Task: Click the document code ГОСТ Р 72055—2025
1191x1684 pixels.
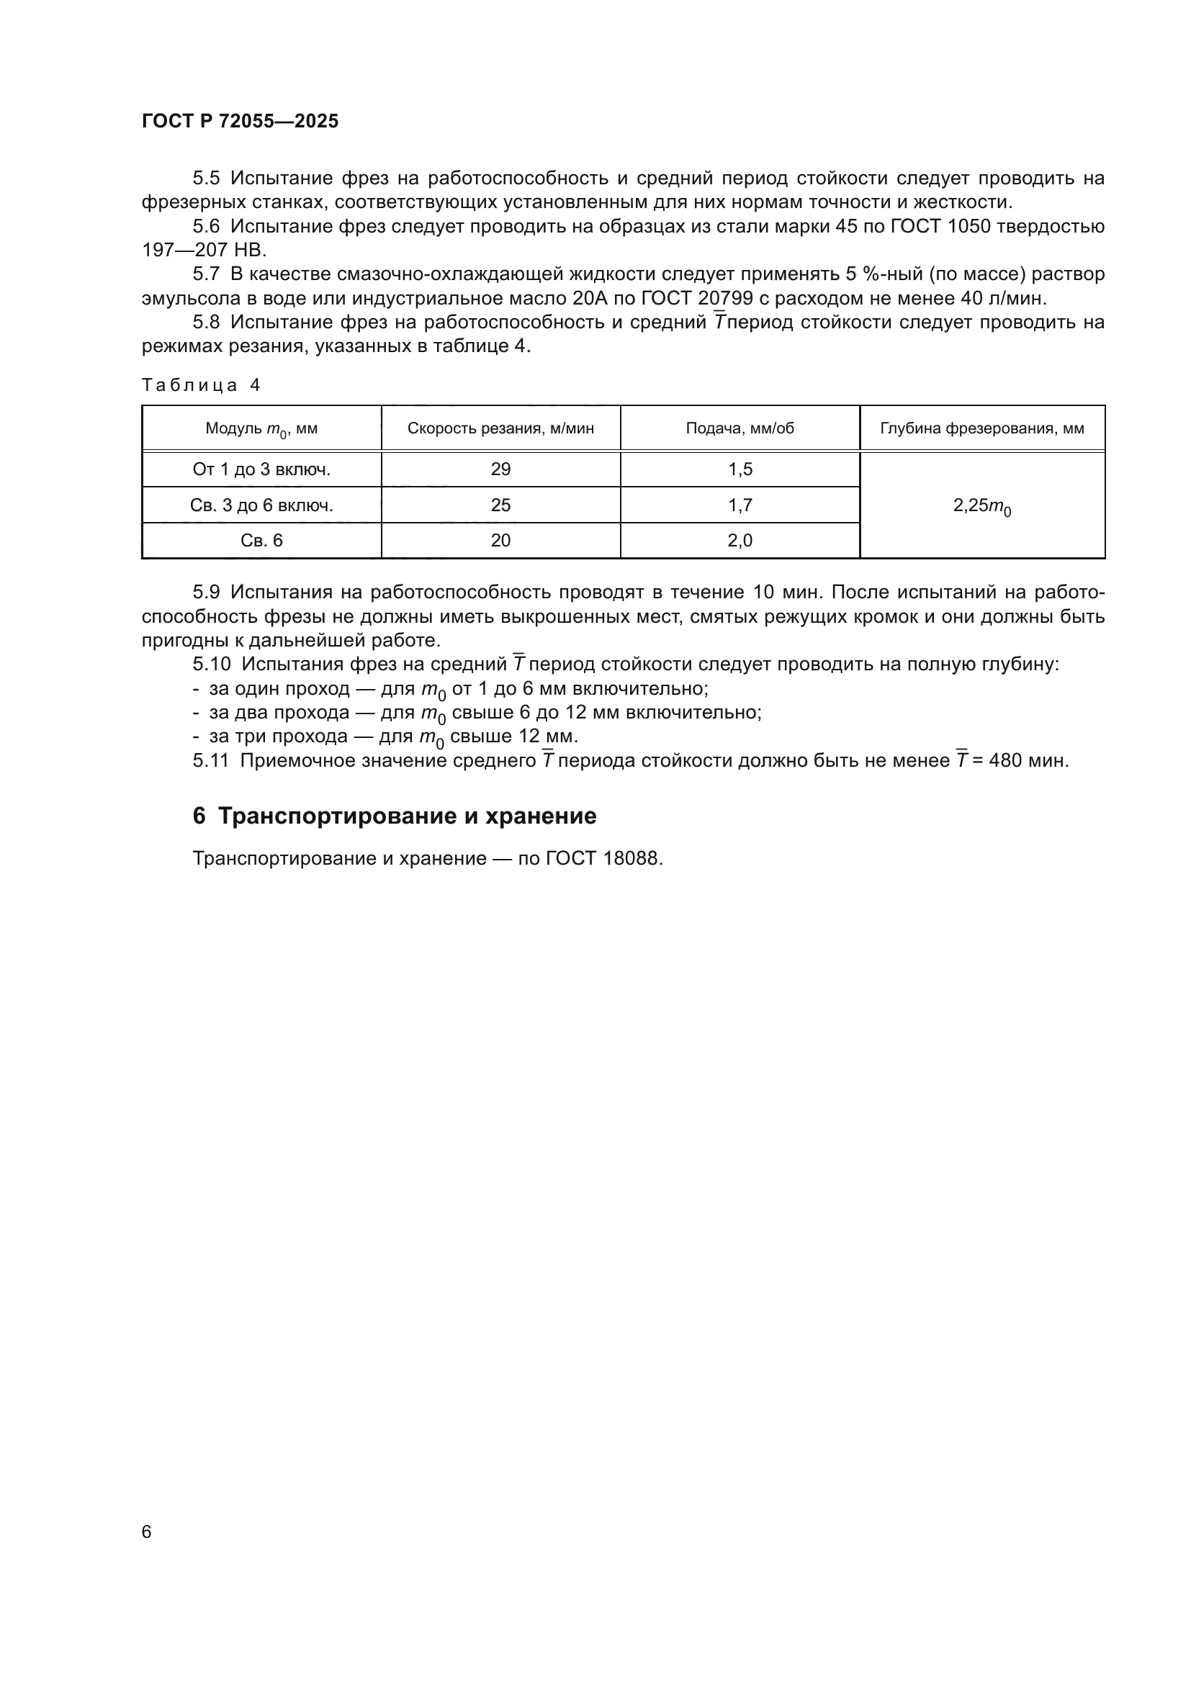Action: tap(240, 121)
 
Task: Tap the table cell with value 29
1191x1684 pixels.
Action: tap(500, 469)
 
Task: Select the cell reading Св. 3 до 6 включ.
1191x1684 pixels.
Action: tap(261, 505)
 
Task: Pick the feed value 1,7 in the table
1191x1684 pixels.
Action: tap(740, 505)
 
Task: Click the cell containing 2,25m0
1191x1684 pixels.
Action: tap(981, 506)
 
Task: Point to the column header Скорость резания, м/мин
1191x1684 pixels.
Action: tap(500, 428)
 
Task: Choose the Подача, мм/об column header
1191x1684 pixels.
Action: tap(740, 428)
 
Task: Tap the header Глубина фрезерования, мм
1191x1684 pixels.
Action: tap(981, 428)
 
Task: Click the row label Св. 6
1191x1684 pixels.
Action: tap(261, 541)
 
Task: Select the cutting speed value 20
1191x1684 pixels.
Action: tap(500, 541)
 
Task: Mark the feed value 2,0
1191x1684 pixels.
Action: tap(740, 541)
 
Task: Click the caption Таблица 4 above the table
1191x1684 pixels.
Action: tap(200, 386)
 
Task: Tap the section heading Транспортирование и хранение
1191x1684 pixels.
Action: tap(407, 816)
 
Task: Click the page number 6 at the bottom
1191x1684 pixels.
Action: tap(146, 1532)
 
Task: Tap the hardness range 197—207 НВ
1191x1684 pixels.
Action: tap(205, 250)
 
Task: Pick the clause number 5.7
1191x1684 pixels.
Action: tap(206, 274)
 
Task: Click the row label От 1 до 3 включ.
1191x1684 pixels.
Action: tap(261, 469)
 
